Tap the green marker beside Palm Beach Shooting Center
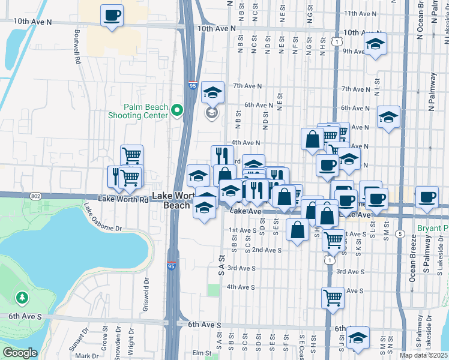pos(176,110)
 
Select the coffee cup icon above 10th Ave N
pos(112,15)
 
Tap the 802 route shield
pos(36,196)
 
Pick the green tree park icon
pos(22,297)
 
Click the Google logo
pos(20,353)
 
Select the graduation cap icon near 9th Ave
pos(375,44)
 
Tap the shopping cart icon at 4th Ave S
pos(333,297)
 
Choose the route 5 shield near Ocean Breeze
pos(399,233)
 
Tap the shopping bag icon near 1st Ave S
pos(298,230)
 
